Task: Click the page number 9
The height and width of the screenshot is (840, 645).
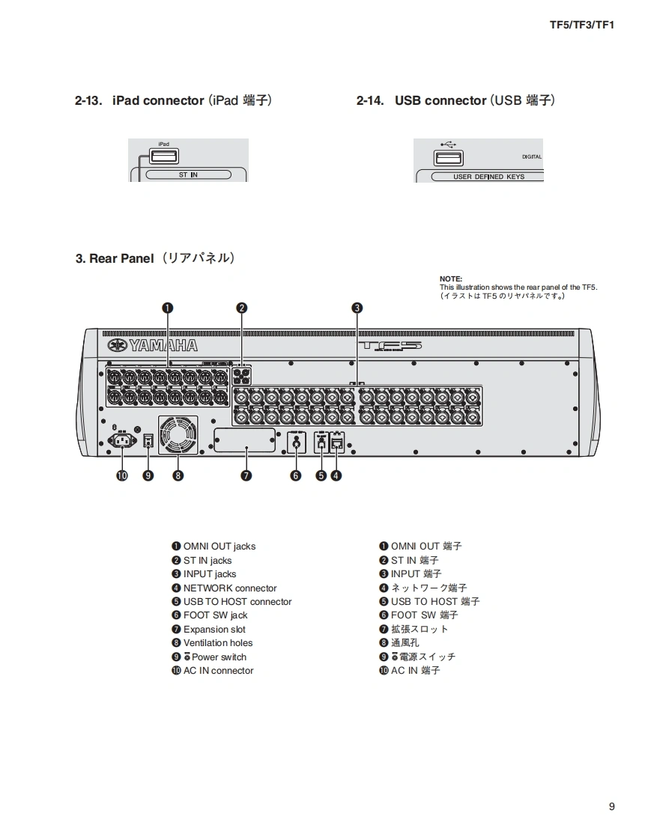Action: [611, 806]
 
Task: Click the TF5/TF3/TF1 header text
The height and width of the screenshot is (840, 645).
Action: [581, 25]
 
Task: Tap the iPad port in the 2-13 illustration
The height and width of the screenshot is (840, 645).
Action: [164, 156]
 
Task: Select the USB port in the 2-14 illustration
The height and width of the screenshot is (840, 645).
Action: [448, 158]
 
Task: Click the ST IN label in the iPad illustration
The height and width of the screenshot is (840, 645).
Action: [188, 175]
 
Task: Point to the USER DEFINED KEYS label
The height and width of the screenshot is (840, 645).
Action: [488, 177]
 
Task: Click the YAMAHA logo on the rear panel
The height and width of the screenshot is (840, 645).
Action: [153, 345]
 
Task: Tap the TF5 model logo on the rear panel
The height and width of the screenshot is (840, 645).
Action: [390, 346]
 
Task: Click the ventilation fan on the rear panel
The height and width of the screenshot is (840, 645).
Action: [178, 436]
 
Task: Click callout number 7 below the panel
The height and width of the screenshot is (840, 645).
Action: [246, 475]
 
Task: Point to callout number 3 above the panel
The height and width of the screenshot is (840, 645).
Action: [357, 308]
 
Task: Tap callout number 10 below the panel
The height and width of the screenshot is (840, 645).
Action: [121, 475]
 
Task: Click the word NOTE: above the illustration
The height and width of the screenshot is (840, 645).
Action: [451, 279]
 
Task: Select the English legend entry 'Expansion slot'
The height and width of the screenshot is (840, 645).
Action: [214, 630]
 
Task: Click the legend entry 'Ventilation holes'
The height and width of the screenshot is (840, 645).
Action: [218, 643]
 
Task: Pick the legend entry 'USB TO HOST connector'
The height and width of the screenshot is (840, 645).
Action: [237, 602]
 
